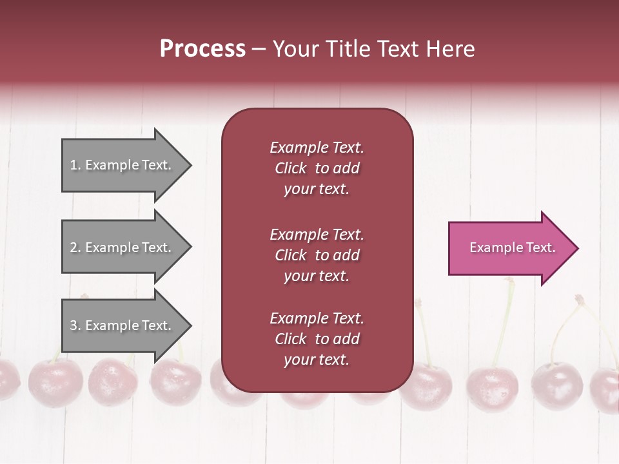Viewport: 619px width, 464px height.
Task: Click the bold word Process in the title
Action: click(202, 49)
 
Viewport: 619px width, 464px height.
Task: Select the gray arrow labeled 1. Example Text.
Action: click(123, 165)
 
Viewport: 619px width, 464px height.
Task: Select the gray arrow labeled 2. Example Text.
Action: click(123, 247)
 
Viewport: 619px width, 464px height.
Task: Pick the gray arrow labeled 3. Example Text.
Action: click(123, 325)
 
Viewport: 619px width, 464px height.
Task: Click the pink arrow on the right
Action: click(509, 247)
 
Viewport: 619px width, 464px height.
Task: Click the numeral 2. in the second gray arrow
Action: click(75, 247)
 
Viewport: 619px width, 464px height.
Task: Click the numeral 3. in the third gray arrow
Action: click(75, 325)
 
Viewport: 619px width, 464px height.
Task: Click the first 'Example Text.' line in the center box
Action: click(317, 148)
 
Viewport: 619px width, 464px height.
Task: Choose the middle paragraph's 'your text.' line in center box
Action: click(317, 276)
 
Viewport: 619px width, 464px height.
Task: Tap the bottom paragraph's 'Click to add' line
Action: click(317, 339)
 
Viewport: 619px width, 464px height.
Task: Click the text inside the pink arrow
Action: click(512, 247)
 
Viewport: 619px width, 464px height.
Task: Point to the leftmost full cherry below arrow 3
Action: click(55, 383)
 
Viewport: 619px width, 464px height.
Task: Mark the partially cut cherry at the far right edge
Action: click(606, 389)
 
